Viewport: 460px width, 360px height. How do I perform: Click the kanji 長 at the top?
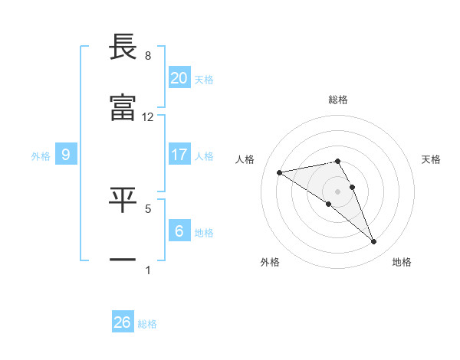point(123,47)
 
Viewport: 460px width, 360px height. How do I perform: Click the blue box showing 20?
point(179,78)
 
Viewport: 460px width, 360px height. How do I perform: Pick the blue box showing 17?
point(179,155)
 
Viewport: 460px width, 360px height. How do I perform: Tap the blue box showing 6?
point(179,231)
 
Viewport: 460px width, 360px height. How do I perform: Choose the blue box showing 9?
point(66,155)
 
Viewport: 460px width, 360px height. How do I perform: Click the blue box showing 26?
point(123,322)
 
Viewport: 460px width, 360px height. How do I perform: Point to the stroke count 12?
point(148,117)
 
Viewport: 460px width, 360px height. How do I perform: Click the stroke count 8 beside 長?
point(148,56)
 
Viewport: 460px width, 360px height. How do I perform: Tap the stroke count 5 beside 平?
point(148,208)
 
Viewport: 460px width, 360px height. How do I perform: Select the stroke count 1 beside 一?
point(148,269)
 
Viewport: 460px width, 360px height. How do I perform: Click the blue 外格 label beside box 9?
point(41,156)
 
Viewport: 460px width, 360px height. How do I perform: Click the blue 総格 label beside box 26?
point(147,324)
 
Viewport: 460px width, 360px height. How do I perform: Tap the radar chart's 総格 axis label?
point(338,100)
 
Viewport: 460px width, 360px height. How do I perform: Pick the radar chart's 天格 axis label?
point(431,159)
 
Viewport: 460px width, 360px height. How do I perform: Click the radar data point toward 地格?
point(373,242)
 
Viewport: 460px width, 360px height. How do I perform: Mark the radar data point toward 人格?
point(280,172)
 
